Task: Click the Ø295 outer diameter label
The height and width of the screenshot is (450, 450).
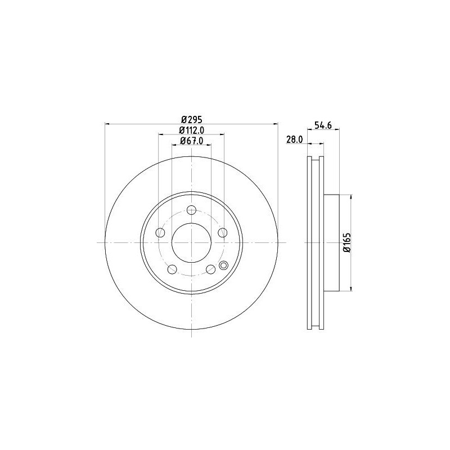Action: point(191,119)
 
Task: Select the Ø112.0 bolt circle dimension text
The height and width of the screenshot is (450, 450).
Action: point(191,130)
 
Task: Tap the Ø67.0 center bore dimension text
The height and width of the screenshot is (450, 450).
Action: point(191,141)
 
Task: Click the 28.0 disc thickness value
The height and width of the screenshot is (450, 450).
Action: point(295,139)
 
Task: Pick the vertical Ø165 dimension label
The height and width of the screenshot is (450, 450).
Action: point(347,243)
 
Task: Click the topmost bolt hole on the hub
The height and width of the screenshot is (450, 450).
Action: point(191,211)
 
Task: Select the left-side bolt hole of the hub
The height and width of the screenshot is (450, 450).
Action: point(161,233)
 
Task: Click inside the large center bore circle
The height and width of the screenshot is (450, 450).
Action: point(191,243)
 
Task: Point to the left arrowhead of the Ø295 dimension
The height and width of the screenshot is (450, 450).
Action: point(107,124)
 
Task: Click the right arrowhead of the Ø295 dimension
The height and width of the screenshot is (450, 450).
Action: point(275,124)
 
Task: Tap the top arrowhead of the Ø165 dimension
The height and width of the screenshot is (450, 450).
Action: point(352,197)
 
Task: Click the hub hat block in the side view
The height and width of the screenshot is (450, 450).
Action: point(332,243)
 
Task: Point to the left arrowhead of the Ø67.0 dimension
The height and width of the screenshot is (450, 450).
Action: point(174,145)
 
